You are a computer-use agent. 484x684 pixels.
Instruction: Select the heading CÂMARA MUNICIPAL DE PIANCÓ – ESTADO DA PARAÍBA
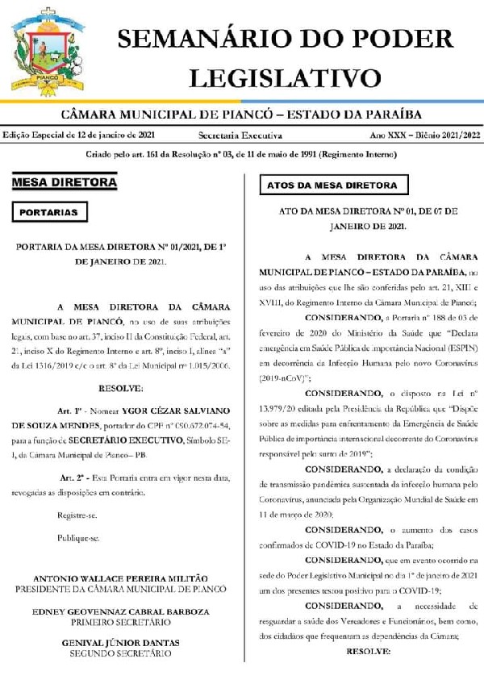[x=241, y=115]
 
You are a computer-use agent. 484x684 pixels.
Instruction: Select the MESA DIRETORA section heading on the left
[x=64, y=183]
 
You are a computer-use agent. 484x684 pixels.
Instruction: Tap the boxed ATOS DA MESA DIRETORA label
[x=332, y=186]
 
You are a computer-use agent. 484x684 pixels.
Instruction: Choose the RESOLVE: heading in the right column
[x=367, y=650]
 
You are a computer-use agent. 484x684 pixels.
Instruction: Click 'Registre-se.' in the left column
[x=79, y=515]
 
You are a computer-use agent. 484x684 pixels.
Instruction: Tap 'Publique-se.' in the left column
[x=78, y=537]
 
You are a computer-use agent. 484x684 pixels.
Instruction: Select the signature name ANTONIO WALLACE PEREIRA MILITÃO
[x=120, y=578]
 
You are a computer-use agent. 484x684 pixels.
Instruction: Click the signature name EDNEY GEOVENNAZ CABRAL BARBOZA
[x=120, y=611]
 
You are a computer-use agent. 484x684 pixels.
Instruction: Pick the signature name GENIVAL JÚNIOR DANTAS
[x=120, y=643]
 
